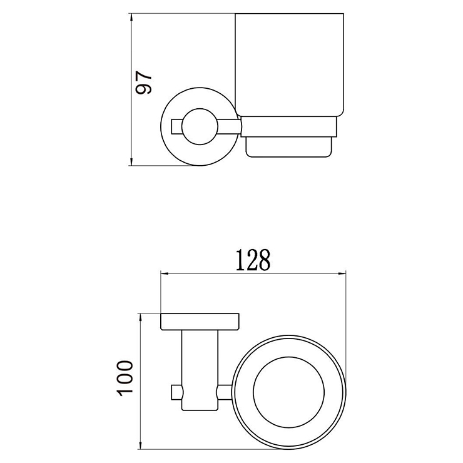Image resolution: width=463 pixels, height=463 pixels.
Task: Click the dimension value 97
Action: (143, 83)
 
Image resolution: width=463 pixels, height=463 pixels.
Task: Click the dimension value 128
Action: (253, 260)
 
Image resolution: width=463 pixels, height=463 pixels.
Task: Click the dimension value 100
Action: (125, 378)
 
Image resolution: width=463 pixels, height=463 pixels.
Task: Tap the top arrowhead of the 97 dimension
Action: (131, 17)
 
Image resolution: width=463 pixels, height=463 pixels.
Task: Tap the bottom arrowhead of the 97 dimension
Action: (131, 161)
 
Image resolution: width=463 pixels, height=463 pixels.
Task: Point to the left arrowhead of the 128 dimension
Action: (165, 273)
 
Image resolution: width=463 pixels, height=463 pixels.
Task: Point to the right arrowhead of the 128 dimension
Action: (342, 273)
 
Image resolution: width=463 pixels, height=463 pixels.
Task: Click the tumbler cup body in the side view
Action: (289, 64)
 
